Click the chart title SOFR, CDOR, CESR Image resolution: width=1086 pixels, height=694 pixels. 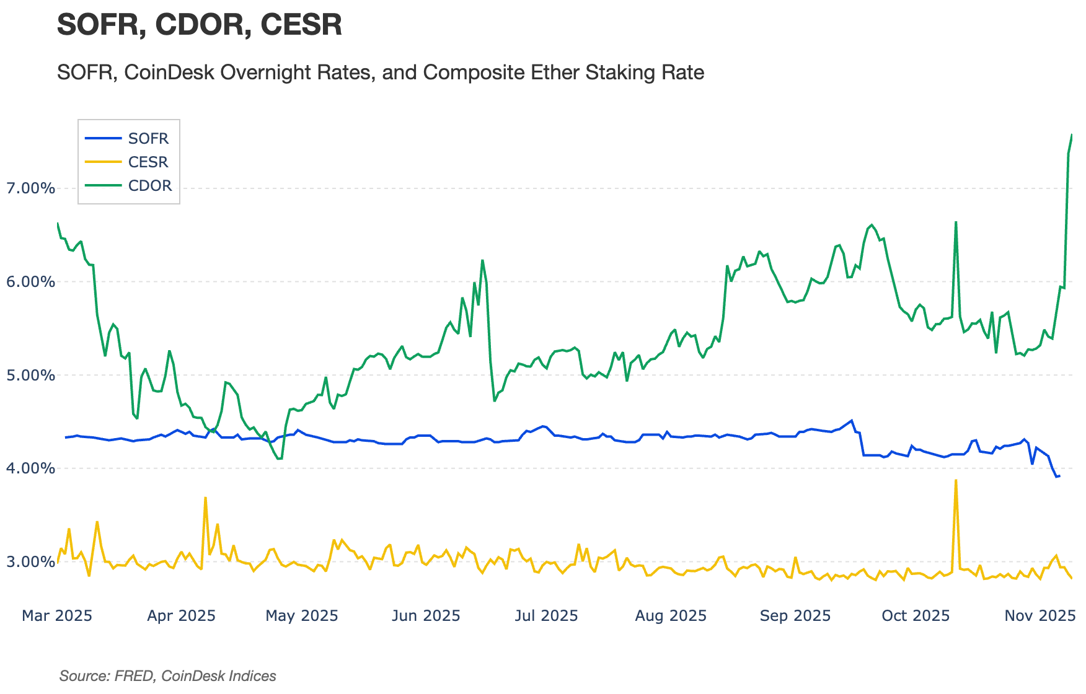pyautogui.click(x=199, y=25)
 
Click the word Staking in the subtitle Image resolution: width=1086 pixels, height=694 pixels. pyautogui.click(x=623, y=72)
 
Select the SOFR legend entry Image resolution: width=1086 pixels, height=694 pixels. pyautogui.click(x=148, y=138)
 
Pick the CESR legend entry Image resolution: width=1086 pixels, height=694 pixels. pyautogui.click(x=148, y=162)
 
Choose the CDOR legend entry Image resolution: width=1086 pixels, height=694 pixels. pyautogui.click(x=149, y=186)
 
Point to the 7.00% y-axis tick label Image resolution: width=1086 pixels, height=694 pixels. pyautogui.click(x=30, y=188)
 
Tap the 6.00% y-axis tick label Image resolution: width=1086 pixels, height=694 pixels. pyautogui.click(x=30, y=282)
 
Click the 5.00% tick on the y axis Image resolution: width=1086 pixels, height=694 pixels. pyautogui.click(x=30, y=376)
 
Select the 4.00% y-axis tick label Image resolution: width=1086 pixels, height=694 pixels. pyautogui.click(x=30, y=468)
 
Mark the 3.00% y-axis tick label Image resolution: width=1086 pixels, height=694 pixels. pyautogui.click(x=30, y=562)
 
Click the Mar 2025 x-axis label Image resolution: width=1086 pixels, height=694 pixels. pyautogui.click(x=57, y=616)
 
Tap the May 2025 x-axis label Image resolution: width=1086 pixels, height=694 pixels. pyautogui.click(x=302, y=616)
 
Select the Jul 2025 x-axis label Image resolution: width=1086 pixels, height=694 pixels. pyautogui.click(x=547, y=616)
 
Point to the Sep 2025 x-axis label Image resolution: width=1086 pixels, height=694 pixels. pyautogui.click(x=795, y=616)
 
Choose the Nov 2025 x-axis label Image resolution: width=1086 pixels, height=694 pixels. pyautogui.click(x=1040, y=616)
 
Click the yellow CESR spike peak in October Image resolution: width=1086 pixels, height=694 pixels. pyautogui.click(x=956, y=480)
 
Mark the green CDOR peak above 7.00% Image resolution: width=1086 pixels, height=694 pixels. pyautogui.click(x=1072, y=134)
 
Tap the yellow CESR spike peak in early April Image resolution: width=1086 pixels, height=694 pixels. pyautogui.click(x=205, y=498)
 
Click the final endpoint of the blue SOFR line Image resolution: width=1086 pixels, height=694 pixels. pyautogui.click(x=1059, y=476)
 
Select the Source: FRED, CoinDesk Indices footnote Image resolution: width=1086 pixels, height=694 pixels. pyautogui.click(x=167, y=676)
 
